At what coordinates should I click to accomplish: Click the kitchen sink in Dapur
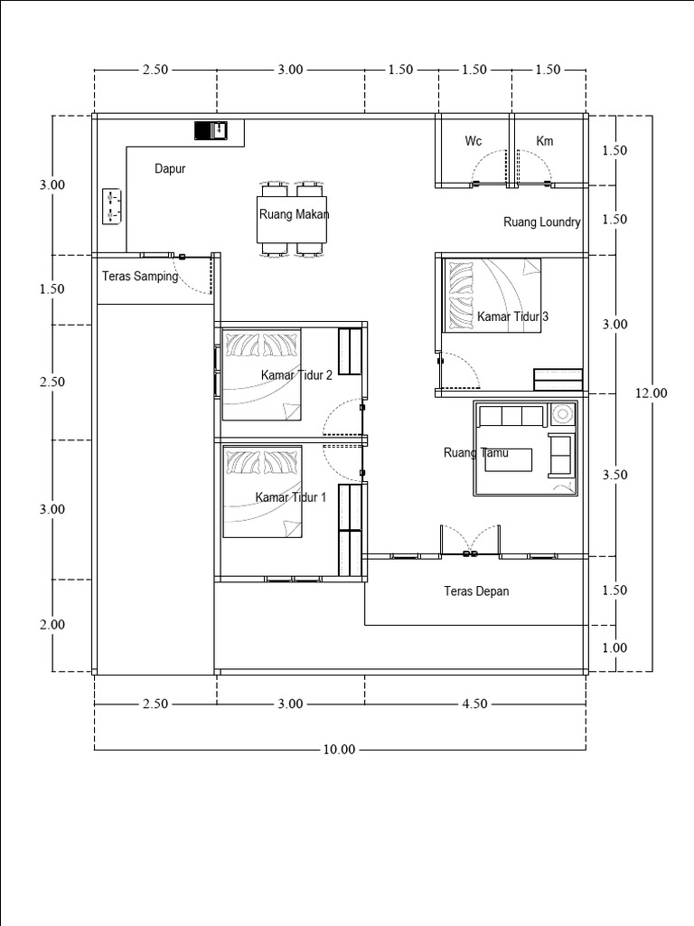click(x=211, y=130)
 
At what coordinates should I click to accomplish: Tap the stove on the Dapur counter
click(x=112, y=207)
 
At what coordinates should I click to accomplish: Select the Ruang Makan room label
click(x=294, y=214)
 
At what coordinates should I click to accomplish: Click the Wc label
click(x=474, y=140)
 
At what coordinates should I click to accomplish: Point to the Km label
click(x=545, y=140)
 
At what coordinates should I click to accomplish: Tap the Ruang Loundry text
click(x=542, y=222)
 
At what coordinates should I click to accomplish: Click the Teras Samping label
click(x=140, y=277)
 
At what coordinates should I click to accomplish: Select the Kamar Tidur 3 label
click(x=513, y=317)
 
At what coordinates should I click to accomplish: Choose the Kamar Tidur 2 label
click(x=296, y=375)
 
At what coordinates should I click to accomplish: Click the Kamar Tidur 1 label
click(x=291, y=497)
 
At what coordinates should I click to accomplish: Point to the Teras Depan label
click(x=476, y=591)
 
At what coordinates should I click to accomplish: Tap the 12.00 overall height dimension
click(x=652, y=392)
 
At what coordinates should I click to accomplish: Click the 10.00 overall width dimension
click(x=340, y=750)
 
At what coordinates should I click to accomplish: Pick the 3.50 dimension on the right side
click(x=614, y=475)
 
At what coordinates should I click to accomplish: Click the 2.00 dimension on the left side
click(x=52, y=625)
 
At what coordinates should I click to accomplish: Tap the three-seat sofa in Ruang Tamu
click(x=511, y=416)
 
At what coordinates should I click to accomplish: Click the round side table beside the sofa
click(x=562, y=414)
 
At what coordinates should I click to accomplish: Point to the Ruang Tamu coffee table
click(x=509, y=459)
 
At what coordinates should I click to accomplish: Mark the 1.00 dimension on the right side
click(x=614, y=647)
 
